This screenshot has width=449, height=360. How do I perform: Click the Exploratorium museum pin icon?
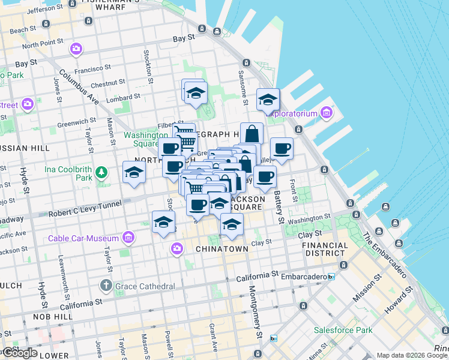click(x=327, y=112)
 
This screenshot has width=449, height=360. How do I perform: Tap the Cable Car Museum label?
click(x=85, y=238)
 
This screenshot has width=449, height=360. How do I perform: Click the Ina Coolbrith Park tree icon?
click(x=101, y=173)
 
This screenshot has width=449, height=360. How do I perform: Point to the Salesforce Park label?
click(x=343, y=330)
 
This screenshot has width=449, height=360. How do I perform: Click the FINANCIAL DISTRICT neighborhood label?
click(x=325, y=250)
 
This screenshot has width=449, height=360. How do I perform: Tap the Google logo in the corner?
click(x=20, y=353)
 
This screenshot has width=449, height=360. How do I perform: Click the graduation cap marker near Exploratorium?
click(x=268, y=100)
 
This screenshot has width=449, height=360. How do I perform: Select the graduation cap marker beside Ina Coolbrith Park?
click(x=134, y=173)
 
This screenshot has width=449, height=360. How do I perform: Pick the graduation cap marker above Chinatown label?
click(x=231, y=225)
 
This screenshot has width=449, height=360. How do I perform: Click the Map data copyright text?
click(x=412, y=355)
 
